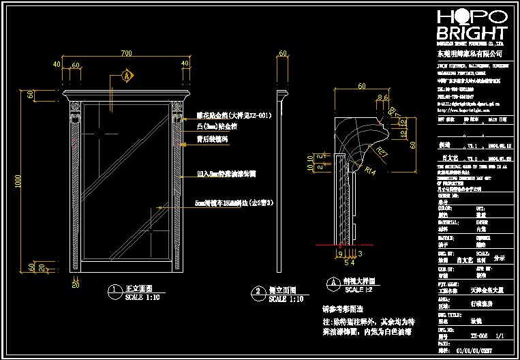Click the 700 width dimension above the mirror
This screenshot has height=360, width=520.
point(126,52)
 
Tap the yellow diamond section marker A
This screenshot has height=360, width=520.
point(127,76)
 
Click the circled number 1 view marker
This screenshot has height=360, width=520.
point(112,290)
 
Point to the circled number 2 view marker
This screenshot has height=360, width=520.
point(257,291)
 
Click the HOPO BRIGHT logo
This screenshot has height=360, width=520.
point(471,26)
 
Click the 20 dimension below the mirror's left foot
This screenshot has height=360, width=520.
point(75,284)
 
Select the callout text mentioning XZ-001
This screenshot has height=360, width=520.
point(233,116)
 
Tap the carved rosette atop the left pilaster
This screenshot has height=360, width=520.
point(76,107)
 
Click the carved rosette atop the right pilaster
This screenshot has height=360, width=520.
point(179,106)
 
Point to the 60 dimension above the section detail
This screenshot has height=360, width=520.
point(361,86)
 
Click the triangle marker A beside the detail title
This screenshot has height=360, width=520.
point(333,282)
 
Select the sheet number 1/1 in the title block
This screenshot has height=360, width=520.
point(499,335)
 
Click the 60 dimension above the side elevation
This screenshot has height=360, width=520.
point(282,52)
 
